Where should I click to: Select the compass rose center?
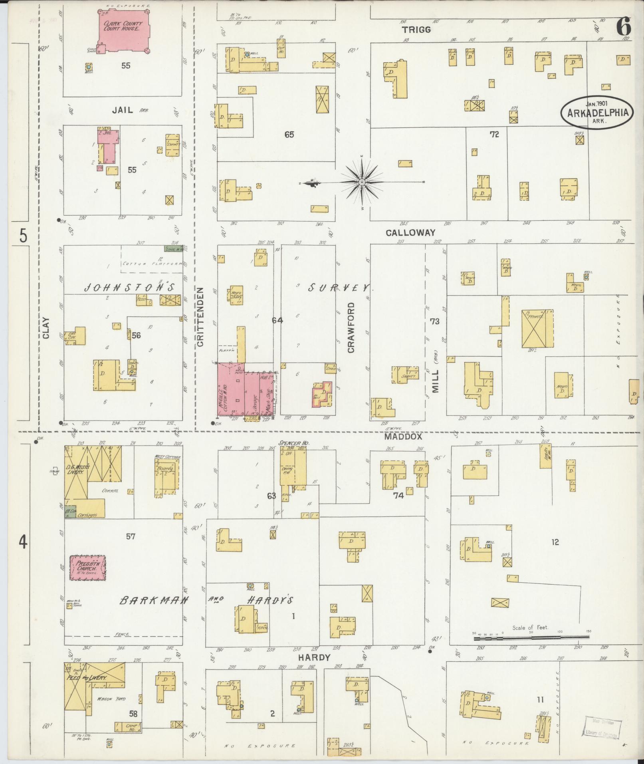pyautogui.click(x=362, y=183)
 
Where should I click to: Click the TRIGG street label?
pyautogui.click(x=416, y=30)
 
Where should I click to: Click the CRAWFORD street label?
pyautogui.click(x=351, y=327)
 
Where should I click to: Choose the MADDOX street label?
pyautogui.click(x=403, y=437)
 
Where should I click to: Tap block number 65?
pyautogui.click(x=289, y=135)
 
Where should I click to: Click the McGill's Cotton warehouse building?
pyautogui.click(x=231, y=389)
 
